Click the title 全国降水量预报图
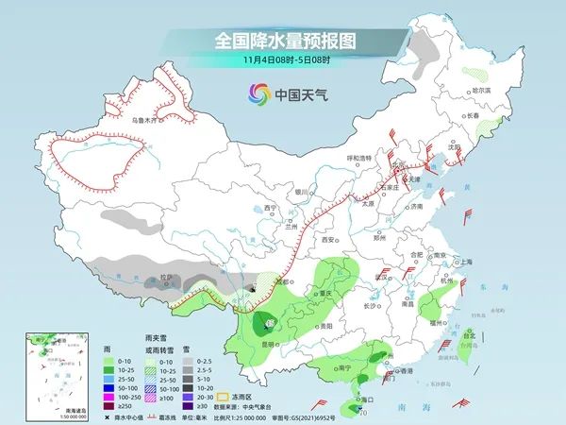(x=282, y=41)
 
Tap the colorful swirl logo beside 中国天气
(x=257, y=93)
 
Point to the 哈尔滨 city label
(x=480, y=90)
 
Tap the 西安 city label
(x=330, y=240)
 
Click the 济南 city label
(x=418, y=207)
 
